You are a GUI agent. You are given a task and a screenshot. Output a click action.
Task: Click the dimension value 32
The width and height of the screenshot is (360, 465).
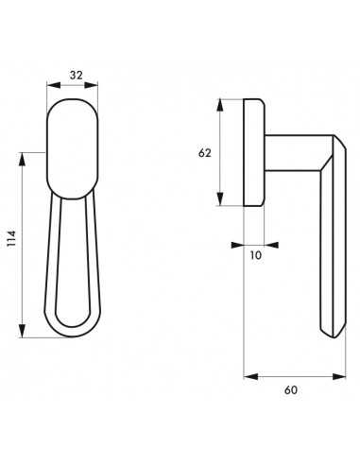pos(77,76)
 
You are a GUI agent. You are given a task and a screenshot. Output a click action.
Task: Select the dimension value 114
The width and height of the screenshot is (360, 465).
pos(11,238)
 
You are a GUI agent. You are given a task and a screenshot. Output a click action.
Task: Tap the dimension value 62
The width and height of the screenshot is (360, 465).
pos(204,153)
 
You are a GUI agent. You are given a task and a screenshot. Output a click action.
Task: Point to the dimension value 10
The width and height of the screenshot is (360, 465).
pos(256,255)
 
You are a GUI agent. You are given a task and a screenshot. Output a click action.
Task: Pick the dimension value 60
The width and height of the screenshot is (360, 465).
pos(291,390)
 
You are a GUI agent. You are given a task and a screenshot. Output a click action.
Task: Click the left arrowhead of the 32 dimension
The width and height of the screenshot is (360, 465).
pos(54,85)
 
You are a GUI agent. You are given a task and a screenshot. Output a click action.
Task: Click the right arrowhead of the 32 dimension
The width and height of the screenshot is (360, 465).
pos(91,85)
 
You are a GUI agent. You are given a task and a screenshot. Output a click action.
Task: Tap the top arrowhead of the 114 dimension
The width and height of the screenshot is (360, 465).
pos(22,159)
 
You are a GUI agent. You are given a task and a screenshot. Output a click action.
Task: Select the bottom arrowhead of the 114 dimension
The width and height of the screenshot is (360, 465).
pos(22,331)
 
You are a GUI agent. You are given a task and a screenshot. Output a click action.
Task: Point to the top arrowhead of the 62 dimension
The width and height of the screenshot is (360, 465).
pos(220,106)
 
